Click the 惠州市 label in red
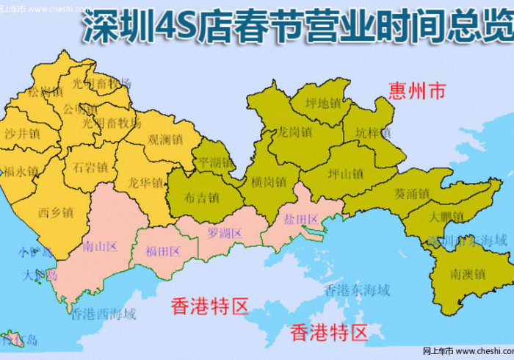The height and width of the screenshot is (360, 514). point(416,92)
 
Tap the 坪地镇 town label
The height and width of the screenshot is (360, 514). point(321,104)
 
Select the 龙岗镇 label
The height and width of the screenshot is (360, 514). point(294,133)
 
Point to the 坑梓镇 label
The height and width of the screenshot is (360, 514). point(373,133)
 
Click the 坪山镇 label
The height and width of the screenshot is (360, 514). point(347,174)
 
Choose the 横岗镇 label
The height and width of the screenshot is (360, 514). point(268,181)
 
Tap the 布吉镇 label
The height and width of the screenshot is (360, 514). point(202,198)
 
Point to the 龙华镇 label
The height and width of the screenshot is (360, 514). point(145,181)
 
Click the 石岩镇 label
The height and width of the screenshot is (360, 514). point(91,167)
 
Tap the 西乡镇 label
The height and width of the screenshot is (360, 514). point(56,212)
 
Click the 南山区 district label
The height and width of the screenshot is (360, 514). point(101,245)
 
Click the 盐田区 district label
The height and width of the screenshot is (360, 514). point(301,220)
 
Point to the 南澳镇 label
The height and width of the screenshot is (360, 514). point(468,274)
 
